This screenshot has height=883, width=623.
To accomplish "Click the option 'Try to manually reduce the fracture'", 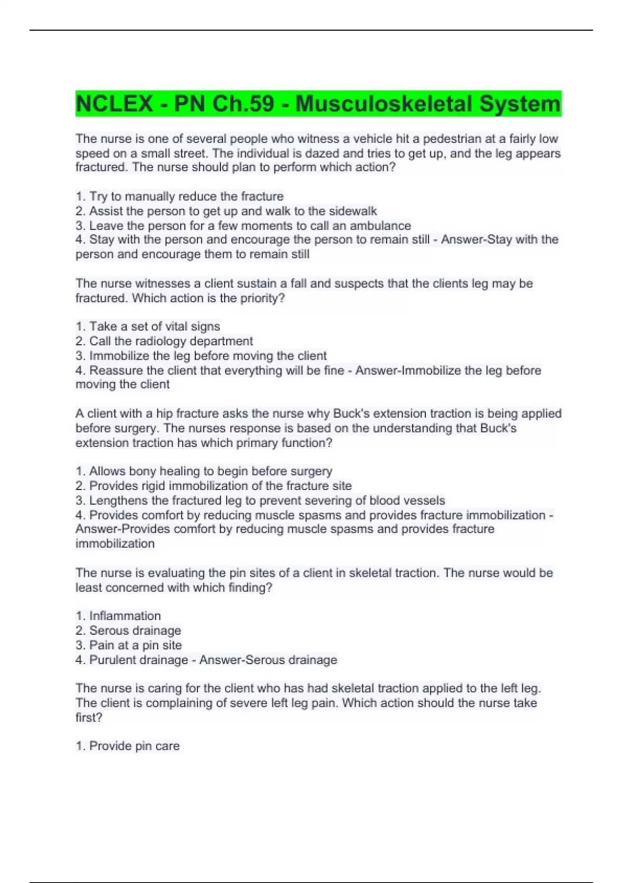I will pyautogui.click(x=180, y=196).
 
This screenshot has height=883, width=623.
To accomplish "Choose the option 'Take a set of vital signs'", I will pyautogui.click(x=148, y=326).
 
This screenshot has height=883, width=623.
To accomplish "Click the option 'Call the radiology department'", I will pyautogui.click(x=164, y=341).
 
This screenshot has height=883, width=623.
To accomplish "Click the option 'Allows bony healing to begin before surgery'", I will pyautogui.click(x=204, y=471).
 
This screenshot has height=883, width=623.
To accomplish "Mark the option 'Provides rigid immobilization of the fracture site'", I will pyautogui.click(x=213, y=486).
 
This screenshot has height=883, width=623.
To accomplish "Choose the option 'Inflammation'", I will pyautogui.click(x=118, y=616).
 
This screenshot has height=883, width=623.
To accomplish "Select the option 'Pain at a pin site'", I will pyautogui.click(x=129, y=645).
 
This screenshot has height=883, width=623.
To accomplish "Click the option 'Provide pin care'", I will pyautogui.click(x=128, y=746).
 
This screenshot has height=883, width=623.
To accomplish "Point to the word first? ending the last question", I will pyautogui.click(x=89, y=717).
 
